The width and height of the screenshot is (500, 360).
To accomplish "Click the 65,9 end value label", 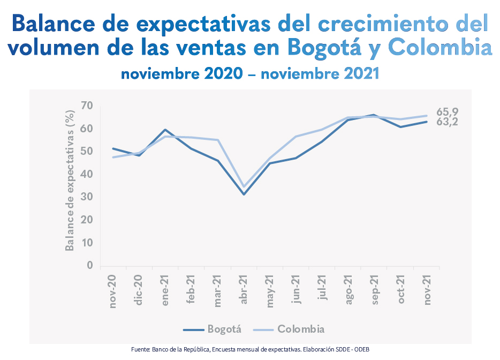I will point(447,112).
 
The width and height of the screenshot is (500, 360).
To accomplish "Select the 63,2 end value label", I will point(447,122).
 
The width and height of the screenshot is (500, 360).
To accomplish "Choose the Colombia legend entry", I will point(301,329).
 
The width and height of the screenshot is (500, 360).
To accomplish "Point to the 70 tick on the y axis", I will point(87,106).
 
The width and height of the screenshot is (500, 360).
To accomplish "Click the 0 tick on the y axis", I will point(90,265).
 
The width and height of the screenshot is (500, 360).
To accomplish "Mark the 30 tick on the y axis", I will point(87,197).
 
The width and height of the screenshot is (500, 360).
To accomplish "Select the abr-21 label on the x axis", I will point(244,290).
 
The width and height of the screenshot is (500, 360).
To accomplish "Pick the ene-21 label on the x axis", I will point(165,290).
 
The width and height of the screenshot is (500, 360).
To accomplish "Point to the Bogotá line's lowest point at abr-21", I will point(244,194).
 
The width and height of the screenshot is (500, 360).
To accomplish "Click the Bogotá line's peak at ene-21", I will point(165,130).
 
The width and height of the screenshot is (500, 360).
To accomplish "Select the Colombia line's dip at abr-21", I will point(244,186).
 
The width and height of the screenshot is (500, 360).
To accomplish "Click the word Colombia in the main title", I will point(440,47).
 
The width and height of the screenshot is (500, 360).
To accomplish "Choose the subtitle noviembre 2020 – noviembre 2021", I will point(250,73).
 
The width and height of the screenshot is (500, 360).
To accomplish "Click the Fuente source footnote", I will point(250,349).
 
